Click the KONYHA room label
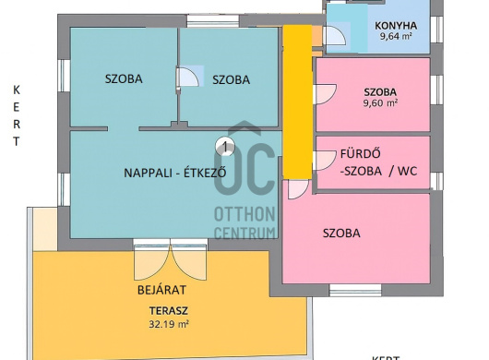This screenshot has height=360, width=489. pyautogui.click(x=396, y=26)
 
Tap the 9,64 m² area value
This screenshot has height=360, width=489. pyautogui.click(x=396, y=36)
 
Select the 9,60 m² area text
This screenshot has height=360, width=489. pyautogui.click(x=380, y=103)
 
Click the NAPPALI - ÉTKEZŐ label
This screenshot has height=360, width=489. pyautogui.click(x=175, y=173)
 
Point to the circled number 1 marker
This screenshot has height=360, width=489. pyautogui.click(x=225, y=146)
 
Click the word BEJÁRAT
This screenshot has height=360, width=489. pyautogui.click(x=161, y=290)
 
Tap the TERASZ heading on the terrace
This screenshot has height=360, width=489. pyautogui.click(x=169, y=311)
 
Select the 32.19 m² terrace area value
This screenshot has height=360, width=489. pyautogui.click(x=169, y=324)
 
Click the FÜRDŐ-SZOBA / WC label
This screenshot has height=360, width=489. pyautogui.click(x=378, y=162)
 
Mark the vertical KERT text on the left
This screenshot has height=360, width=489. pyautogui.click(x=17, y=115)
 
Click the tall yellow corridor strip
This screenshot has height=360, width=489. pyautogui.click(x=297, y=102)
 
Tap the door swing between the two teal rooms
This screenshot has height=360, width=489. pyautogui.click(x=187, y=77)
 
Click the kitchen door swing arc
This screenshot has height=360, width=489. pyautogui.click(x=336, y=35)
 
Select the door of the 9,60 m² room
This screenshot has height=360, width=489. pyautogui.click(x=326, y=93)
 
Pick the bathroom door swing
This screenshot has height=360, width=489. pyautogui.click(x=325, y=161)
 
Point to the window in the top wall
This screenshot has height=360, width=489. pyautogui.click(x=213, y=20)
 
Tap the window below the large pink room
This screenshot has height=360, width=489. pyautogui.click(x=355, y=290)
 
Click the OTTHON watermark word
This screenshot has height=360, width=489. pyautogui.click(x=244, y=213)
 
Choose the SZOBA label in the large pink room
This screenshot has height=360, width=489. pyautogui.click(x=341, y=234)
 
